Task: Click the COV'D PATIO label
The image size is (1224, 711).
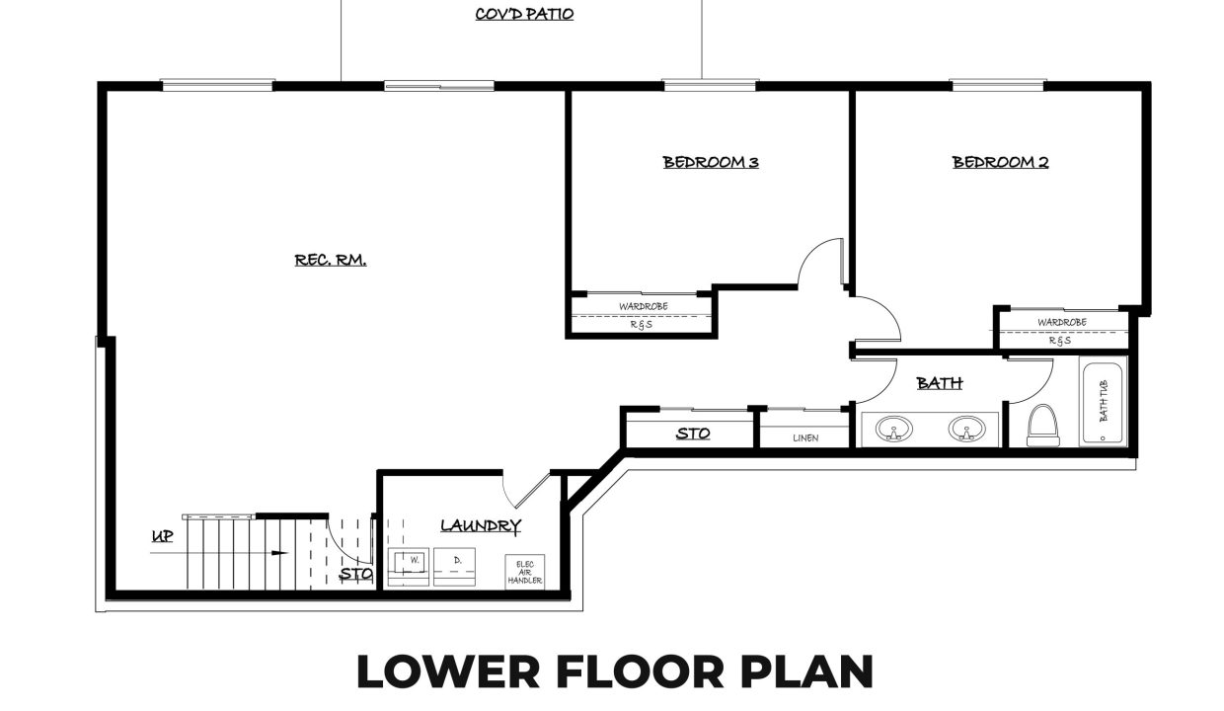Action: pyautogui.click(x=524, y=14)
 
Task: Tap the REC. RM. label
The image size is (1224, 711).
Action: pyautogui.click(x=331, y=260)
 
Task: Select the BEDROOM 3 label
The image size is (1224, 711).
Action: pyautogui.click(x=711, y=162)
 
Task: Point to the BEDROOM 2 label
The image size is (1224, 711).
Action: pyautogui.click(x=1000, y=162)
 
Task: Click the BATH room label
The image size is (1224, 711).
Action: pyautogui.click(x=940, y=383)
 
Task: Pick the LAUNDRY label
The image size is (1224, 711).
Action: pyautogui.click(x=481, y=525)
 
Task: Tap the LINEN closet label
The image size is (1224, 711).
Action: pyautogui.click(x=805, y=437)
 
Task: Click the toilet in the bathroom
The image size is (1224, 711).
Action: pyautogui.click(x=1043, y=426)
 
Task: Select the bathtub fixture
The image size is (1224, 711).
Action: pyautogui.click(x=1103, y=401)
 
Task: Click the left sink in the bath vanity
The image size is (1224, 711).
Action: pyautogui.click(x=893, y=429)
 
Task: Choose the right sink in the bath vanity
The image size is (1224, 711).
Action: pyautogui.click(x=966, y=429)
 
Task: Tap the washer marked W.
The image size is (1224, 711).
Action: pyautogui.click(x=409, y=567)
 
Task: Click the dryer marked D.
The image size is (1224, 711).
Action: pyautogui.click(x=454, y=567)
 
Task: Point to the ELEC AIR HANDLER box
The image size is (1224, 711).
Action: pyautogui.click(x=524, y=572)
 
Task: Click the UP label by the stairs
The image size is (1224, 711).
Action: pyautogui.click(x=162, y=536)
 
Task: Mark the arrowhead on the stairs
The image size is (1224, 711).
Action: pyautogui.click(x=279, y=553)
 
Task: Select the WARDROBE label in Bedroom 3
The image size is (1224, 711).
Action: pyautogui.click(x=644, y=306)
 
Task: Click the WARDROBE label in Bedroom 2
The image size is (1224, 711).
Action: pyautogui.click(x=1062, y=323)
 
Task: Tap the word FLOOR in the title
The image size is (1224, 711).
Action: pyautogui.click(x=641, y=671)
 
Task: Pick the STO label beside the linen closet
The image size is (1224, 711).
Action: pyautogui.click(x=693, y=434)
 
